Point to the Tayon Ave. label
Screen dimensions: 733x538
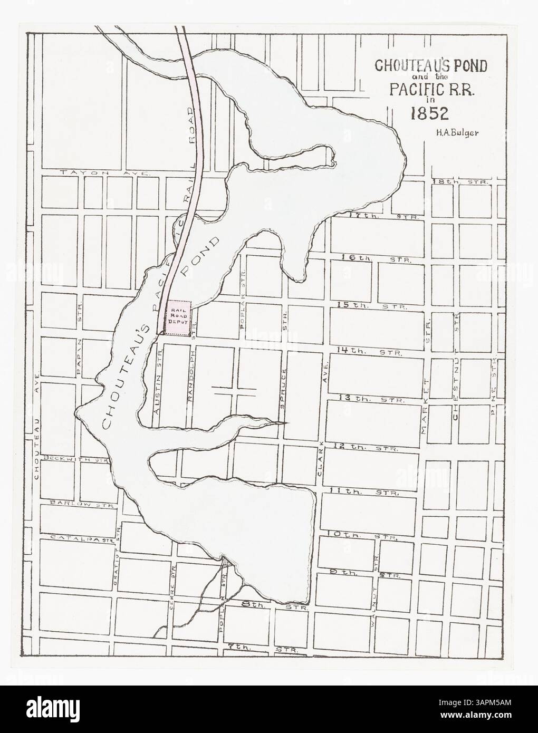[x=105, y=172]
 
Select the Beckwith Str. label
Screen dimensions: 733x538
[x=76, y=459]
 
